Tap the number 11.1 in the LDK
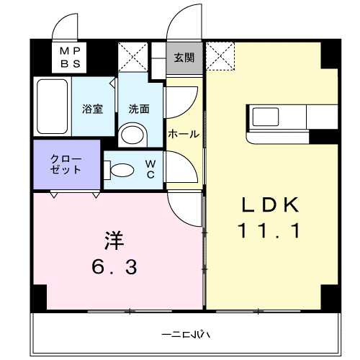[269, 232]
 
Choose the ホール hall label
[184, 134]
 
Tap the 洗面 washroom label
[139, 109]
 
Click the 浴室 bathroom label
[93, 109]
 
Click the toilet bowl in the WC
[121, 170]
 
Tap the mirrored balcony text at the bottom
[185, 336]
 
